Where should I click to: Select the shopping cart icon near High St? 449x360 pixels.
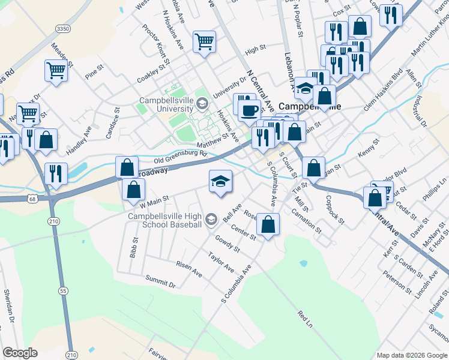tap(204, 42)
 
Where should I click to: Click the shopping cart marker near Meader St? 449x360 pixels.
tap(56, 70)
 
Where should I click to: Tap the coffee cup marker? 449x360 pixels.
tap(250, 110)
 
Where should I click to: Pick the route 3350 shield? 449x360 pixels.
tap(62, 29)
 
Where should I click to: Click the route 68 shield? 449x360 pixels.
tap(32, 198)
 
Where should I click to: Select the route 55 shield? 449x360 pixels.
tap(62, 274)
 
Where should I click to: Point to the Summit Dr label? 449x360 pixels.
tap(160, 281)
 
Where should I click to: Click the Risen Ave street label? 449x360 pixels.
tap(189, 269)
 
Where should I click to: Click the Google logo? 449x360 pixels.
tap(20, 352)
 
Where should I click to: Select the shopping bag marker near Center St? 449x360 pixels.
tap(268, 224)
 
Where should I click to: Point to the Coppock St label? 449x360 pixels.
tap(335, 209)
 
